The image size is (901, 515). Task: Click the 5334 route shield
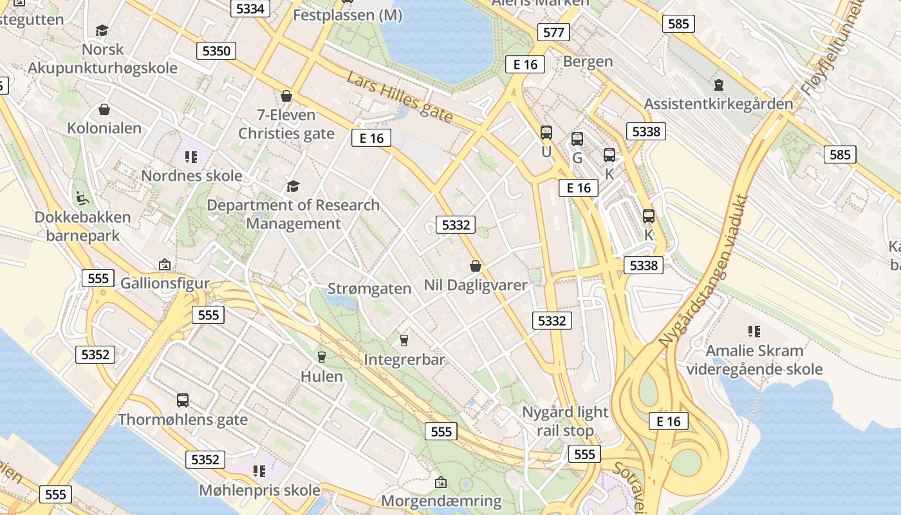point(250,8)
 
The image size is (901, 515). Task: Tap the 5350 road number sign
point(216,51)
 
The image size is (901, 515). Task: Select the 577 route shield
point(553,32)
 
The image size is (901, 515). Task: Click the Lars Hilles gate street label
point(400,98)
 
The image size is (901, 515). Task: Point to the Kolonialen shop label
point(104,128)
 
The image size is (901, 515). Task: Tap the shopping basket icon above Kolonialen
point(104,110)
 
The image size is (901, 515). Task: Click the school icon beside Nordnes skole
point(190,156)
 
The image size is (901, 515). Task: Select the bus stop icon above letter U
point(546,133)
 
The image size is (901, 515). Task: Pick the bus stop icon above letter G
point(577,139)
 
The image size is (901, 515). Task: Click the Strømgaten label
point(369,288)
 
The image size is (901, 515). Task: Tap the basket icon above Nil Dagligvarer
point(476,266)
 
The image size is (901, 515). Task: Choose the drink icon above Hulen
point(322,357)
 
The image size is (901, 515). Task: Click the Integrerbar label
point(404,359)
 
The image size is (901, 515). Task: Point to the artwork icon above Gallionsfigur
point(165,265)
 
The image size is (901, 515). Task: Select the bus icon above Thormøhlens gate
point(183,400)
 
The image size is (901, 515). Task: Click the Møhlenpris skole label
point(259,491)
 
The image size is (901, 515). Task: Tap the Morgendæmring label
point(441,501)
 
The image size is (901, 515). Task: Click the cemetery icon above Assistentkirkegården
point(718,84)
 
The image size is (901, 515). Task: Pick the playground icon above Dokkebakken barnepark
point(82,198)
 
